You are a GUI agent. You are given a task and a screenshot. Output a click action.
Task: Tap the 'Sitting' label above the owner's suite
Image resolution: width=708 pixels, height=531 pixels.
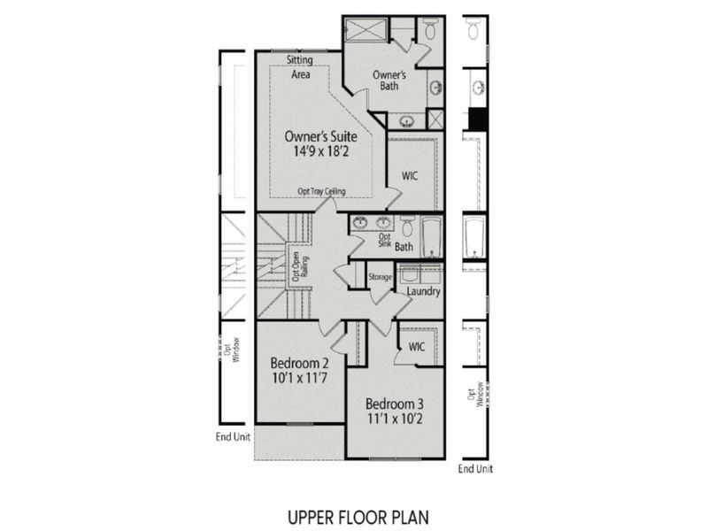click(x=300, y=60)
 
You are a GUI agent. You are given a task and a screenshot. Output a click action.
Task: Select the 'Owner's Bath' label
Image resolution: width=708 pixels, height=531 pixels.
click(x=389, y=81)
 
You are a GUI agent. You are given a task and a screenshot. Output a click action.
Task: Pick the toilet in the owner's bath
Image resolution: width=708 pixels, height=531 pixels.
click(x=430, y=29)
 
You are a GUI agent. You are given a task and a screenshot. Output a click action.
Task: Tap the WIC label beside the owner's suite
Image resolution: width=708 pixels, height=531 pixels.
click(x=410, y=175)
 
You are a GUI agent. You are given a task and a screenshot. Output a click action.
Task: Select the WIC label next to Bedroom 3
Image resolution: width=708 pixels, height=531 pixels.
click(x=417, y=346)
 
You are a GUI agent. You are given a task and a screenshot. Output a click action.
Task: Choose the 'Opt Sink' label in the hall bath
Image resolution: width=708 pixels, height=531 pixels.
click(x=384, y=241)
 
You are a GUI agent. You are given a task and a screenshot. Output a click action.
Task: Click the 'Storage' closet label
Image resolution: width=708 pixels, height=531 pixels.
click(x=380, y=278)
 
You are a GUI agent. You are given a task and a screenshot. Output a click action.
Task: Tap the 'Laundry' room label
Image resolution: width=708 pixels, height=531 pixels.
click(x=423, y=291)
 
